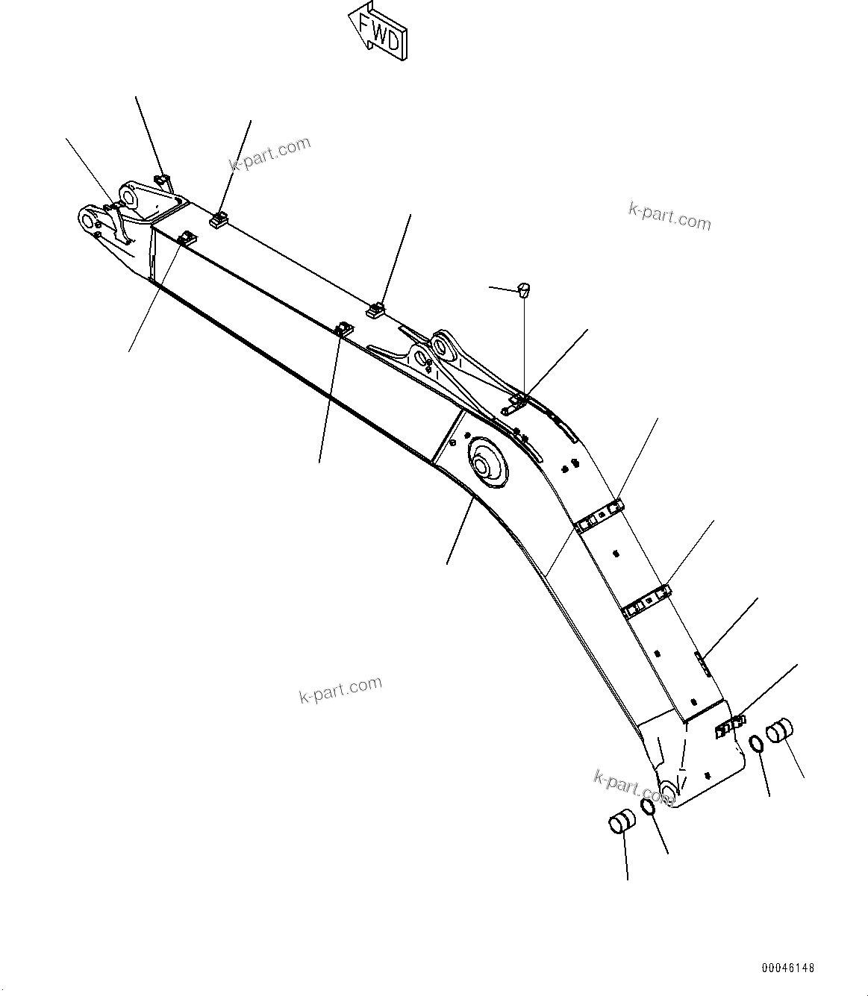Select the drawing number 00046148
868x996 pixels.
click(x=788, y=968)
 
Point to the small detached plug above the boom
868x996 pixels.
click(x=524, y=288)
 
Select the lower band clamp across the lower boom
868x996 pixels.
click(x=647, y=601)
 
